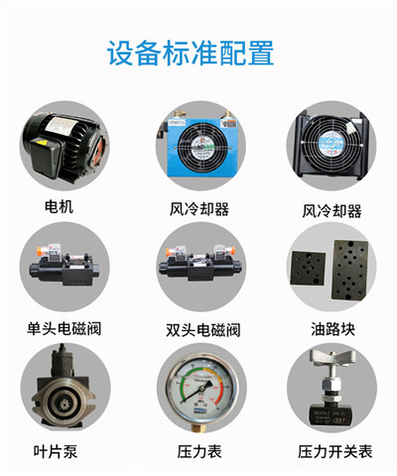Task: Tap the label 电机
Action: [60, 208]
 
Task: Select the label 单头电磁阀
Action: [65, 328]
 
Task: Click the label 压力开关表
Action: [335, 451]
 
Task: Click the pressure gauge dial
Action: [198, 390]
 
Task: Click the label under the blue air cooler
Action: [198, 209]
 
